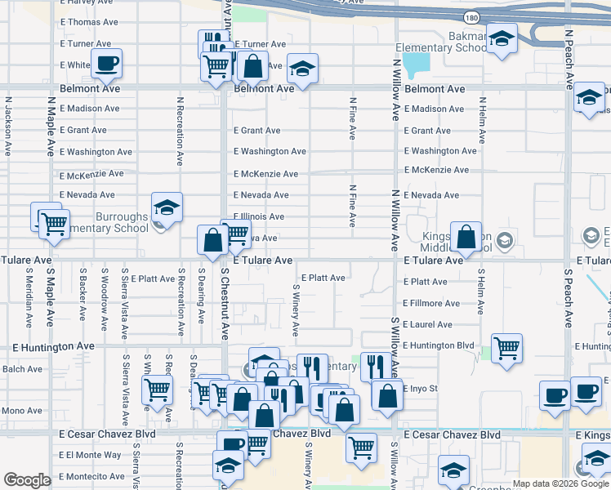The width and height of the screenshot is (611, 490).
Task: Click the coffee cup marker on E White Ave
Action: coord(107,63)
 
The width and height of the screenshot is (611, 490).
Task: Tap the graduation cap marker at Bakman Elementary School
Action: coord(502,38)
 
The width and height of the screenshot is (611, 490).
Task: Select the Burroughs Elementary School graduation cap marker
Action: coord(167,207)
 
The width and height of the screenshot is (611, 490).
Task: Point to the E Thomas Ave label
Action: coord(89,22)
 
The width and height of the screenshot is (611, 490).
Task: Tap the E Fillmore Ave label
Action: coord(431,304)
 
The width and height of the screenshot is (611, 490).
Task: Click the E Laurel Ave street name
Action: coord(427,325)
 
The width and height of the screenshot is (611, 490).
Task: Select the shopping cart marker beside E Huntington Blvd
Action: coord(507,348)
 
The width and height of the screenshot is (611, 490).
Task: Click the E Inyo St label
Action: coord(421,389)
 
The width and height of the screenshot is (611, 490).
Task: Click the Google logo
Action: coord(27,480)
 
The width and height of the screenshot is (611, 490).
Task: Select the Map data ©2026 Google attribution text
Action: coord(560,483)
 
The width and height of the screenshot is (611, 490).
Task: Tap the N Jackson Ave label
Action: coord(8,127)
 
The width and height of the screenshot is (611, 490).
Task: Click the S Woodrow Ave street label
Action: coord(105,303)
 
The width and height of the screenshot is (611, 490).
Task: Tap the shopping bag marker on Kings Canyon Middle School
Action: coord(466,238)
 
